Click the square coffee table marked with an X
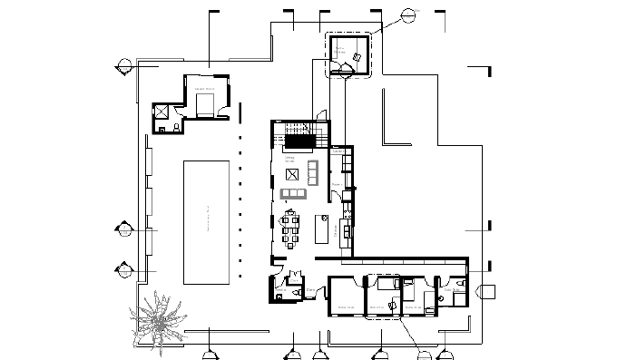pyautogui.click(x=292, y=175)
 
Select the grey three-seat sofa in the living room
pyautogui.click(x=294, y=194)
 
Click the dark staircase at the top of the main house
pyautogui.click(x=299, y=140)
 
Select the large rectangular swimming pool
pyautogui.click(x=207, y=222)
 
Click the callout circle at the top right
pyautogui.click(x=409, y=13)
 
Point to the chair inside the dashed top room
pyautogui.click(x=359, y=58)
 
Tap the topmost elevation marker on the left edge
pyautogui.click(x=121, y=65)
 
